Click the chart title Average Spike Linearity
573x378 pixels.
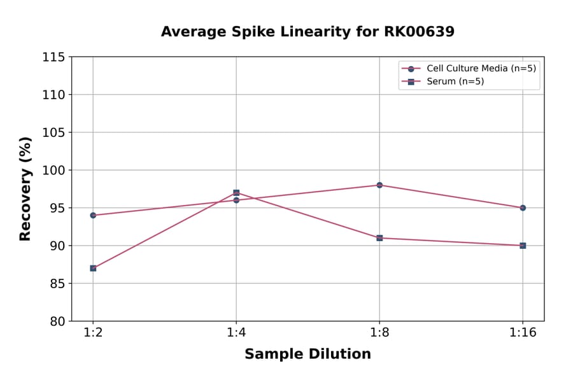tap(308, 32)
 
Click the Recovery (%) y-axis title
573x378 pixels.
tap(25, 189)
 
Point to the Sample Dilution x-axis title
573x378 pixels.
tap(308, 354)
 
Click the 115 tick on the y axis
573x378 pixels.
tap(53, 57)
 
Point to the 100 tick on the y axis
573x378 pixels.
tap(53, 171)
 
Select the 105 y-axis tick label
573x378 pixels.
tap(53, 132)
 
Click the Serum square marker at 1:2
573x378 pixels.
tap(93, 268)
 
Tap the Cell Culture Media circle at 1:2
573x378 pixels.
tap(93, 215)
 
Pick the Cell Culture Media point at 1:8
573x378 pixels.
tap(379, 185)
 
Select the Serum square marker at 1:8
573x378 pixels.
tap(379, 238)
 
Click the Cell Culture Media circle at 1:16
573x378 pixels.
tap(523, 207)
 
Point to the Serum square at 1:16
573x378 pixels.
tap(523, 246)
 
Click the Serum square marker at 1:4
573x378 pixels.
tap(236, 192)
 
